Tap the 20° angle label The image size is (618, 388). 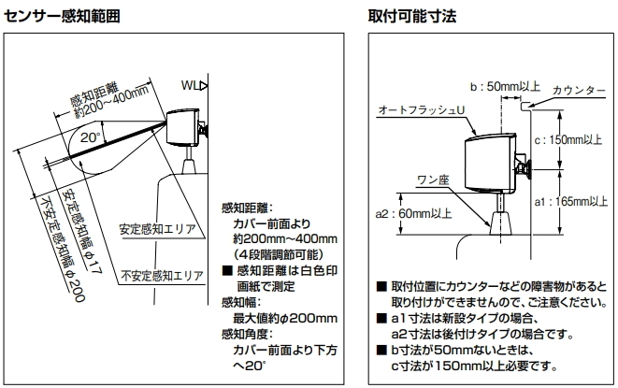coord(90,137)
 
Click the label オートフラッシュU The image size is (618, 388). coord(421,110)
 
